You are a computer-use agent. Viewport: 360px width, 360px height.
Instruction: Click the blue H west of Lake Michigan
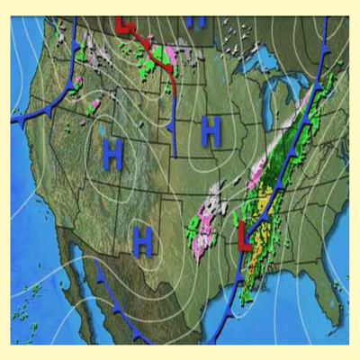(211, 131)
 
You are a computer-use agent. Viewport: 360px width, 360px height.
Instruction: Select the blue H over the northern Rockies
(112, 155)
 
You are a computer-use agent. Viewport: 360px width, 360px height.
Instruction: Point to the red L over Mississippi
(244, 235)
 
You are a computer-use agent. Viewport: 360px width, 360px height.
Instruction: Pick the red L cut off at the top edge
(123, 22)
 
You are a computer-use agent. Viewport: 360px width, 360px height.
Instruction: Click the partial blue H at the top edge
(200, 20)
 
